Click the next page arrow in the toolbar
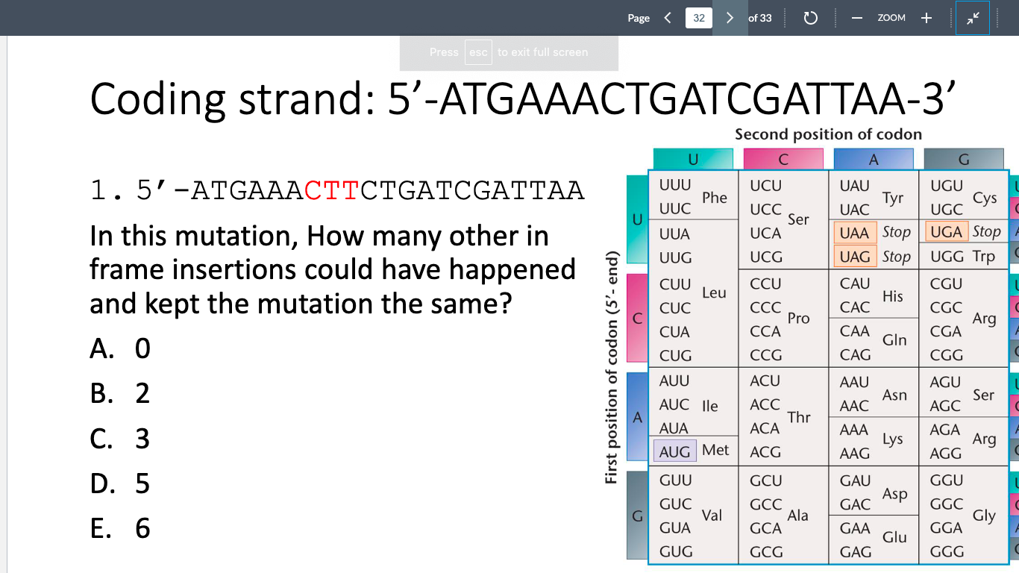[730, 18]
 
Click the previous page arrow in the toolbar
[668, 18]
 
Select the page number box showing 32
[698, 18]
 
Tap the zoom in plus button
[926, 18]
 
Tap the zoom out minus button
[857, 18]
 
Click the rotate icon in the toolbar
[811, 18]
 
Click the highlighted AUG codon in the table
[674, 451]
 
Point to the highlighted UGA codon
[946, 232]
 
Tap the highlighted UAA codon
[854, 233]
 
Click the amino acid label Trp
[984, 257]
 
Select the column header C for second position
[783, 159]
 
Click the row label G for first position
[637, 516]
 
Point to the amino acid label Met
[715, 450]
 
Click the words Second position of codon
[828, 134]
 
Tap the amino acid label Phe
[715, 198]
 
